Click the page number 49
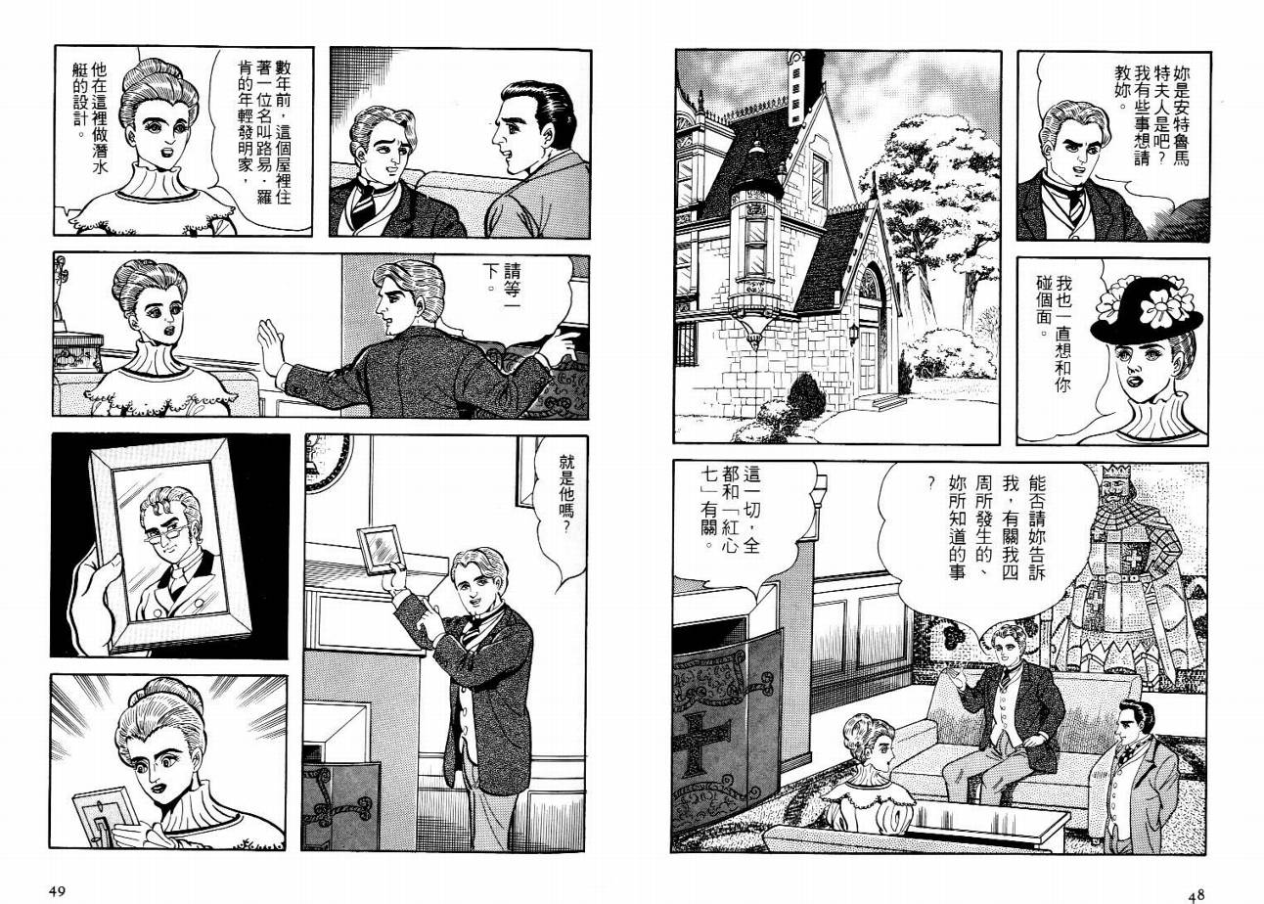point(57,891)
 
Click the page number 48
point(1196,894)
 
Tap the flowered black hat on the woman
point(1148,310)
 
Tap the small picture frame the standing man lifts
point(382,550)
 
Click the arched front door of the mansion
point(870,333)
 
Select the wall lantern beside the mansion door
point(853,334)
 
